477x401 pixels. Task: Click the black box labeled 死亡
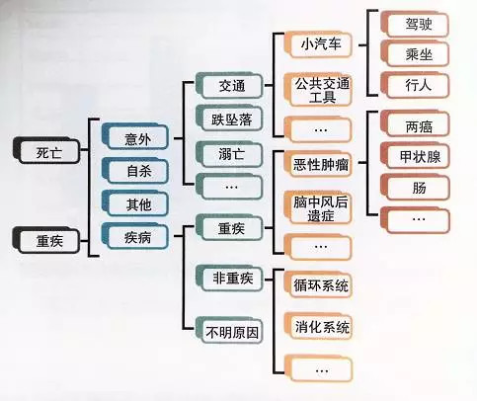(x=46, y=151)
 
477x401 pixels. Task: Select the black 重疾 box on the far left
(x=46, y=240)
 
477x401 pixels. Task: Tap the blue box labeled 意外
(x=135, y=137)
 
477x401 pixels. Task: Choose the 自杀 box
(x=135, y=170)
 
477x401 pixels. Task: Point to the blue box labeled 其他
(x=135, y=203)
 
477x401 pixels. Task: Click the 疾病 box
(x=135, y=235)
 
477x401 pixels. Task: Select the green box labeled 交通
(x=229, y=85)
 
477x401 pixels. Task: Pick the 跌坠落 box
(x=229, y=119)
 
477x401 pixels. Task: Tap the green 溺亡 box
(x=229, y=154)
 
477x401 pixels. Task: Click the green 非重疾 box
(x=229, y=278)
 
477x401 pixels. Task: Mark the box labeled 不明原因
(x=229, y=330)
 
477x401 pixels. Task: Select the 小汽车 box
(x=318, y=44)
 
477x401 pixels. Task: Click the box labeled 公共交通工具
(x=318, y=90)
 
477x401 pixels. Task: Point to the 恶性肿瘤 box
(x=318, y=163)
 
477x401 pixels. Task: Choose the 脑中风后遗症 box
(x=318, y=207)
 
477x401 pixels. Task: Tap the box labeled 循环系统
(x=318, y=285)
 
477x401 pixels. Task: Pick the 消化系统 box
(x=318, y=326)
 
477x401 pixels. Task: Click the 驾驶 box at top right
(x=415, y=24)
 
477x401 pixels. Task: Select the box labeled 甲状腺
(x=415, y=155)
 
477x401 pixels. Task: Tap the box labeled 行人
(x=415, y=85)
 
